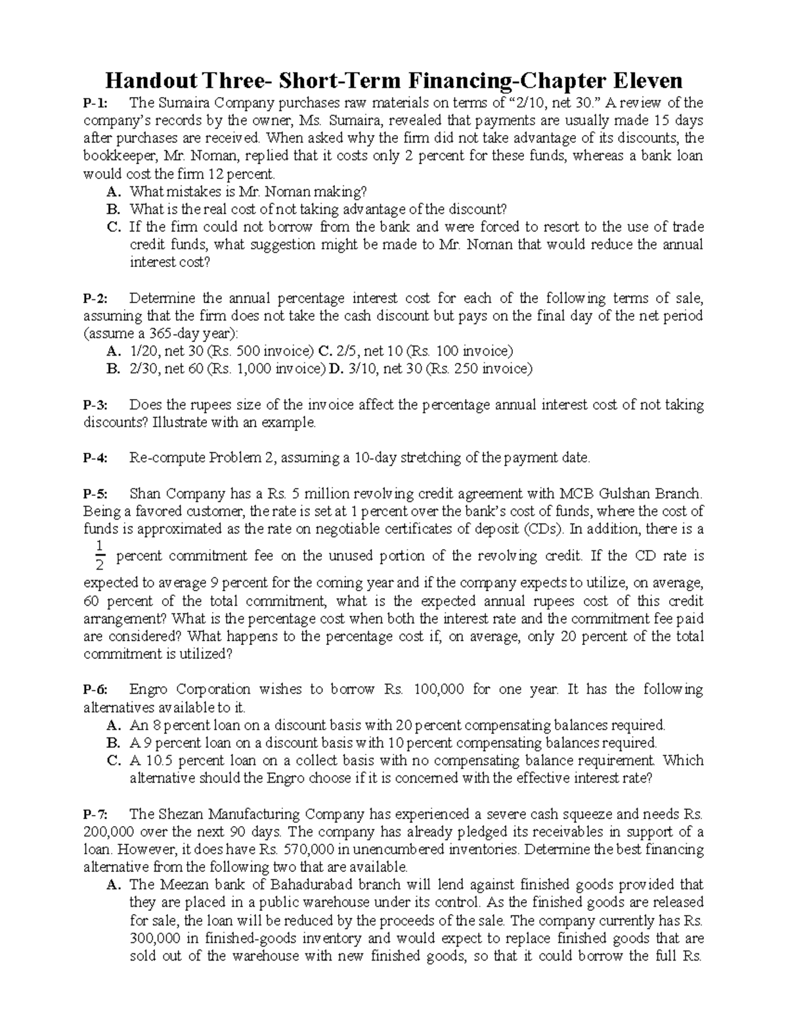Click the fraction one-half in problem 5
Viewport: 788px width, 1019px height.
[x=100, y=555]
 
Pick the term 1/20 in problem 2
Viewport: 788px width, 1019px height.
[x=145, y=351]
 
